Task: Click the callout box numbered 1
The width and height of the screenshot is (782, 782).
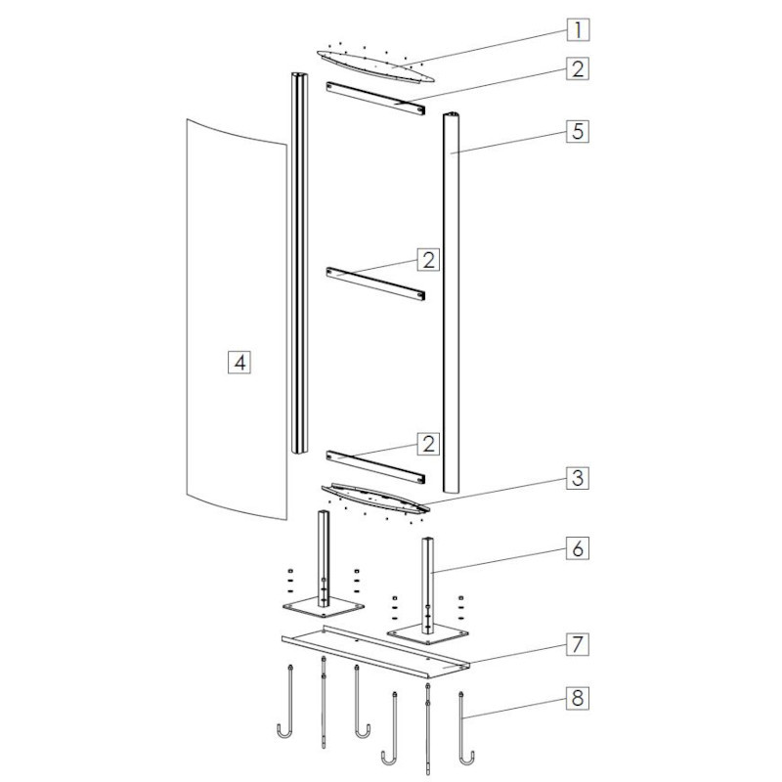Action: (578, 30)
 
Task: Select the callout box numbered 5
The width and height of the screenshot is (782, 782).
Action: (578, 131)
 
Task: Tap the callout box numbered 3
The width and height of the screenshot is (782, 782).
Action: (578, 478)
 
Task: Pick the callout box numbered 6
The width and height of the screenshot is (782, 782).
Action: (578, 548)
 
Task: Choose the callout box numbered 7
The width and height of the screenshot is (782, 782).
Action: (578, 644)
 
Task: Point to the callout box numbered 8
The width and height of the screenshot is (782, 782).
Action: (578, 698)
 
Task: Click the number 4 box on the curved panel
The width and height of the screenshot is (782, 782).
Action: (239, 363)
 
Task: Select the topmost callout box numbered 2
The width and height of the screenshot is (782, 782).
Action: (578, 68)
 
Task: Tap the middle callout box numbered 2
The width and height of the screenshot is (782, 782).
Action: (429, 259)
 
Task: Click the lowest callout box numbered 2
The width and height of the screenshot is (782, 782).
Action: (429, 444)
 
